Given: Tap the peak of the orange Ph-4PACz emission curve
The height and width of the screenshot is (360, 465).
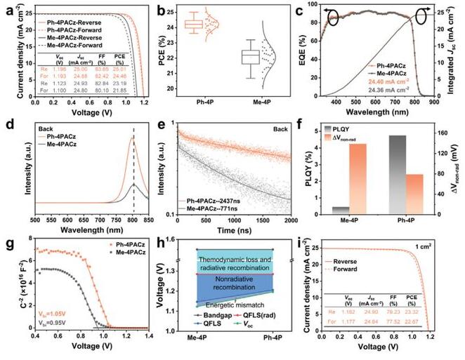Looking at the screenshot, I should pyautogui.click(x=133, y=138).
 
